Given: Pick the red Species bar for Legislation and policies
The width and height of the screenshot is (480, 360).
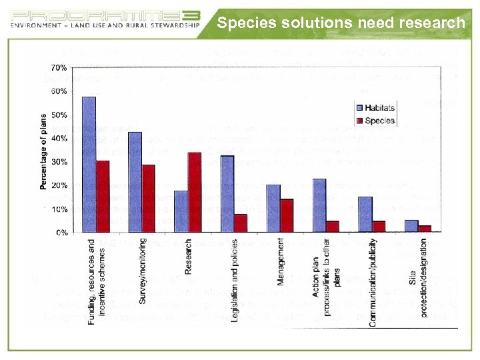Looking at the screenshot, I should (241, 223).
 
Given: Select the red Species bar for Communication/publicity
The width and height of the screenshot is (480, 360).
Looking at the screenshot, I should (379, 226).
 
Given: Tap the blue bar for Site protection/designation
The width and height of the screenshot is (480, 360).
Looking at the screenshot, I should (411, 226).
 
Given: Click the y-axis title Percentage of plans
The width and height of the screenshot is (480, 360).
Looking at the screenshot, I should (44, 150).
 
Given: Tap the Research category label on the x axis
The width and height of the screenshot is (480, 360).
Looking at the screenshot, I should (189, 257).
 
